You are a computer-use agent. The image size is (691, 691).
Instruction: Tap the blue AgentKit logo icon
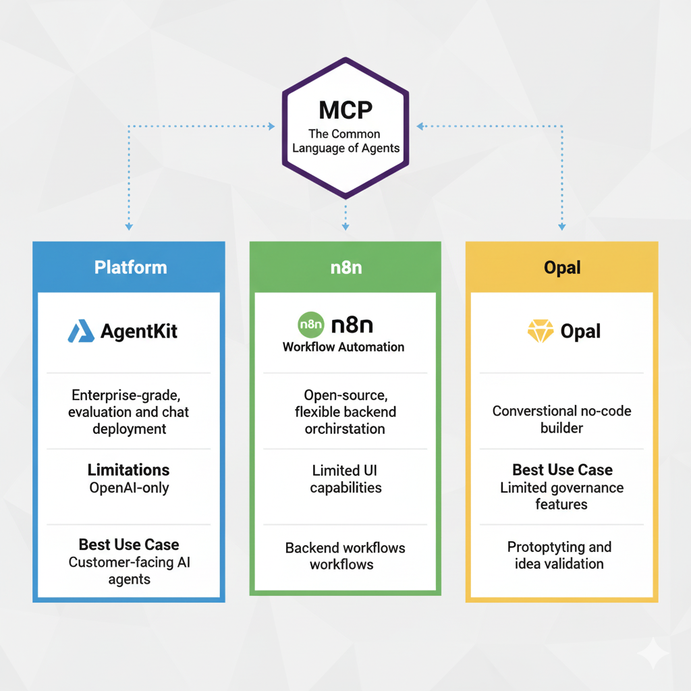click(81, 331)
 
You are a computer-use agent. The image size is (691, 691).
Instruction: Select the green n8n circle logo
click(310, 325)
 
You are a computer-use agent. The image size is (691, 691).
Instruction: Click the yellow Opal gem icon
click(540, 331)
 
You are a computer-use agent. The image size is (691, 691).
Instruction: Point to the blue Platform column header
click(130, 267)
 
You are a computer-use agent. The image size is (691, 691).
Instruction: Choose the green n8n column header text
click(345, 267)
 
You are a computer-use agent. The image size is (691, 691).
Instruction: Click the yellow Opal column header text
click(561, 268)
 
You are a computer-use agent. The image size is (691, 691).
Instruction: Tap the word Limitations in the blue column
click(128, 470)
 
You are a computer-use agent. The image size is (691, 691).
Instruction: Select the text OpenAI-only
click(128, 487)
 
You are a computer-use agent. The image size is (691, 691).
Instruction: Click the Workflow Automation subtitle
click(343, 347)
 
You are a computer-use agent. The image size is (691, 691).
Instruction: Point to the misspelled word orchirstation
click(345, 429)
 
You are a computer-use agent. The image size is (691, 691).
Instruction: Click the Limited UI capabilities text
click(345, 478)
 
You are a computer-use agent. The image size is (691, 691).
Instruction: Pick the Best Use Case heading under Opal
click(562, 470)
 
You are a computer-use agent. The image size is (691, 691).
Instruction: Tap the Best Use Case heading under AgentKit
click(128, 545)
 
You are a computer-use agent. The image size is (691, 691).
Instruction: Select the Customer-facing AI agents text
click(128, 570)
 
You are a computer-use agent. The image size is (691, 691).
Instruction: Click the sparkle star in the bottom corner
click(654, 654)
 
